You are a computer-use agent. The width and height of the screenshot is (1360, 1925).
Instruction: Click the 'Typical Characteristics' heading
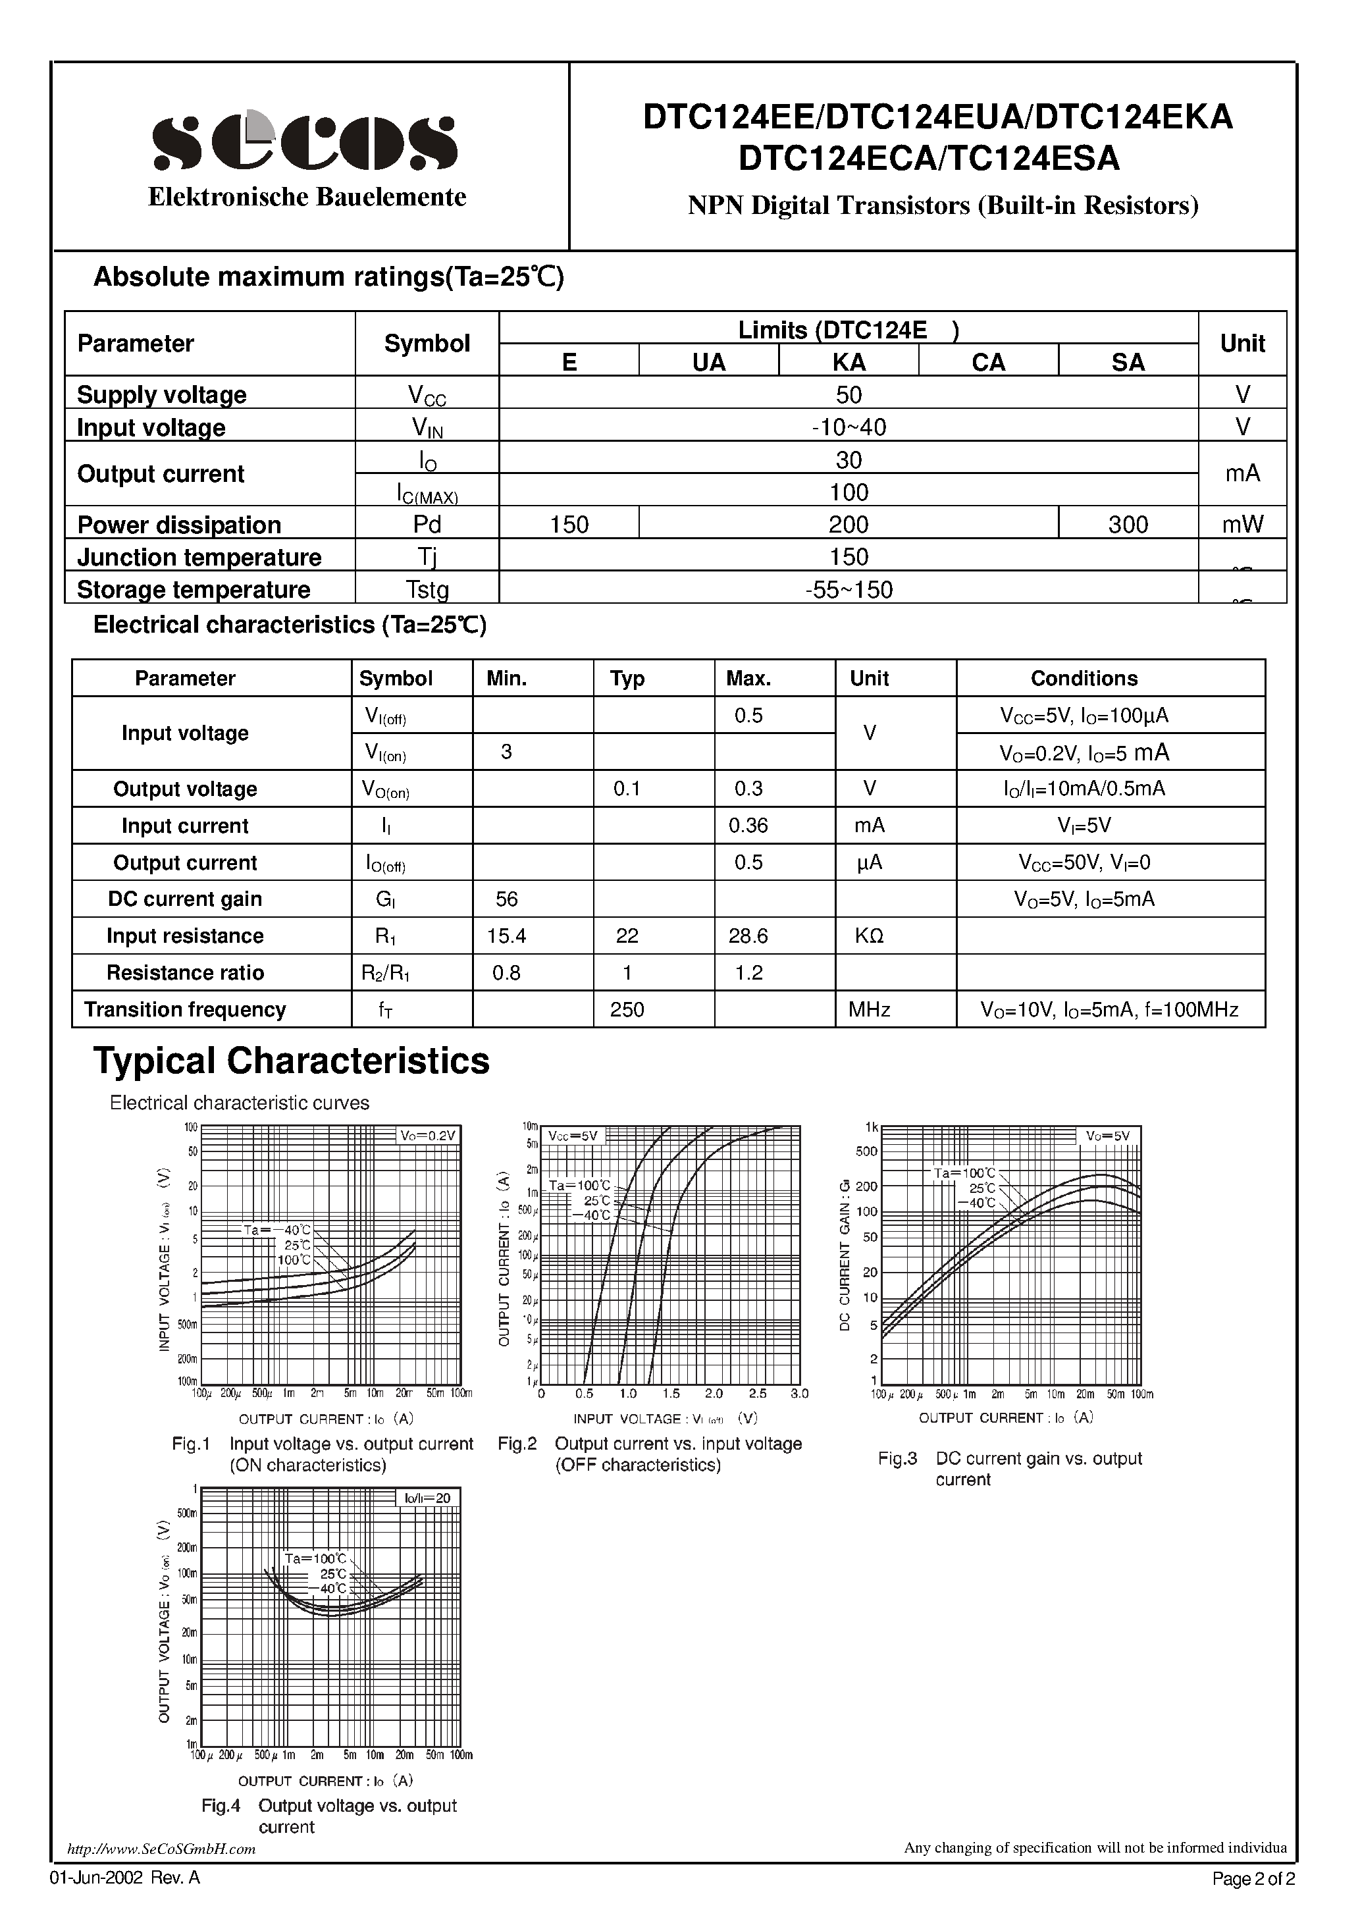point(291,1061)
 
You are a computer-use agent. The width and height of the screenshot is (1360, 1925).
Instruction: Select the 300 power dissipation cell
point(1128,525)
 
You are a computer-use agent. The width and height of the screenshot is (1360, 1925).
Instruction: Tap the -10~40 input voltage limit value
point(849,427)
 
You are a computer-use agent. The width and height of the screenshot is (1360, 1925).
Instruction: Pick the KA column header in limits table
point(849,362)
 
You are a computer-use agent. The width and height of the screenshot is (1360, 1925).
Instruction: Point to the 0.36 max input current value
point(748,826)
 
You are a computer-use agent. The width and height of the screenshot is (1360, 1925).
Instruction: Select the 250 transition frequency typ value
point(627,1009)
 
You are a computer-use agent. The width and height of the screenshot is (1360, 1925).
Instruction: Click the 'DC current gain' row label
point(185,899)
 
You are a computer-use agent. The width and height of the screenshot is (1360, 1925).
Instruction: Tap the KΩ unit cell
point(869,936)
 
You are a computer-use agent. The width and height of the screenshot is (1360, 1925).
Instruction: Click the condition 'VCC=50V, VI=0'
point(1084,862)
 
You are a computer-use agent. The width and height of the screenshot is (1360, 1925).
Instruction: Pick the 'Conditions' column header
point(1084,678)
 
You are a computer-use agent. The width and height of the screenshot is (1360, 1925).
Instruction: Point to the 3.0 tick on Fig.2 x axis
point(799,1394)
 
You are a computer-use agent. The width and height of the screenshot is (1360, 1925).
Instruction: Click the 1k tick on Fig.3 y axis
point(871,1128)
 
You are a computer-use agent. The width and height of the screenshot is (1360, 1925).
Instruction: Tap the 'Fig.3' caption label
point(897,1458)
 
